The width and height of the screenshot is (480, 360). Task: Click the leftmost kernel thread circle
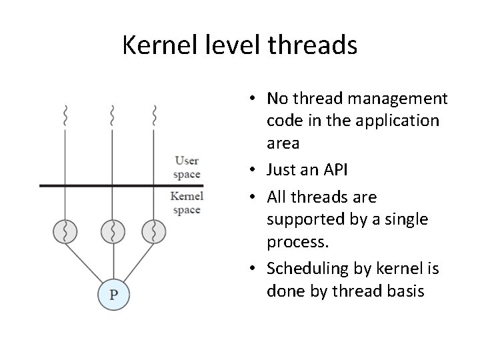65,232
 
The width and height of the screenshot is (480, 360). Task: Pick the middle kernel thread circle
112,232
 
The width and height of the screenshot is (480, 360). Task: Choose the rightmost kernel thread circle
154,232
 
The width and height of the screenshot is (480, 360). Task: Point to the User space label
187,167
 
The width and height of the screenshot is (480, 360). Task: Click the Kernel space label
186,203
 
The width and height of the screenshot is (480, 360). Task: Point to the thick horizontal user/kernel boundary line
120,185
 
